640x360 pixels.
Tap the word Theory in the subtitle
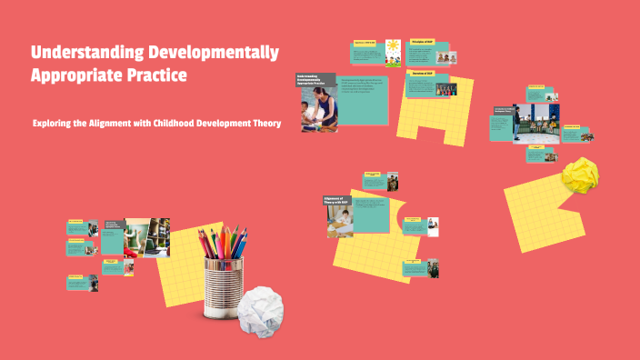[259, 124]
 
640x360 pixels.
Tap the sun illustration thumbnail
[392, 51]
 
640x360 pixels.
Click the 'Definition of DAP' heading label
[420, 73]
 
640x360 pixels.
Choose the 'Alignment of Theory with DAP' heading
[337, 200]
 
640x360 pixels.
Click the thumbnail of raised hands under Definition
[445, 91]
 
